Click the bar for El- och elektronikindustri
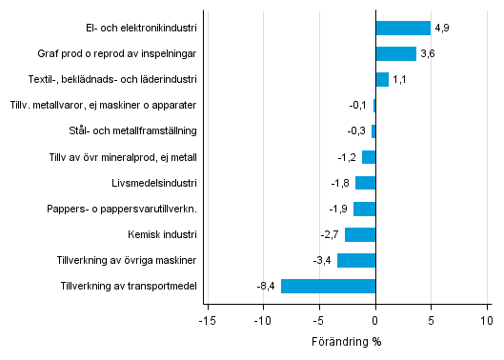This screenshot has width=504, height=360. (403, 29)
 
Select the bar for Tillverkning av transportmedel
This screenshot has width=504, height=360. (328, 286)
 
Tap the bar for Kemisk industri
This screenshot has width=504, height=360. (360, 234)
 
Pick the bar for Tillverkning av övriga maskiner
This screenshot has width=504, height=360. (356, 260)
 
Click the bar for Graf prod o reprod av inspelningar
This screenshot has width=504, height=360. (395, 54)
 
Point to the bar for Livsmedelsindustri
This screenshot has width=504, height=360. (365, 183)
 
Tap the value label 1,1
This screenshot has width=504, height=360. (399, 80)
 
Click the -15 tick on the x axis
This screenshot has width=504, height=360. (206, 322)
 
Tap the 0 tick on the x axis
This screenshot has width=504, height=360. (375, 322)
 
